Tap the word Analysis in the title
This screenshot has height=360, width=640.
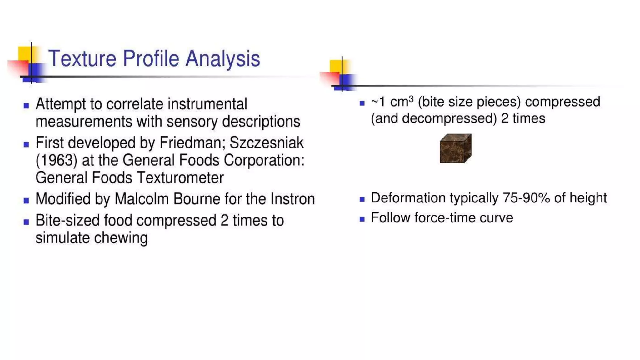[222, 58]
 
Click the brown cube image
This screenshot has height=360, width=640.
[455, 148]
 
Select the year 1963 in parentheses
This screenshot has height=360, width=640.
[57, 160]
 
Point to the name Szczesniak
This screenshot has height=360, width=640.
[267, 143]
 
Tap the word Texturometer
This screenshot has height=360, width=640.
[180, 178]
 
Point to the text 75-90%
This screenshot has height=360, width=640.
[526, 198]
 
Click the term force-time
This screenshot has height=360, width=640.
[446, 218]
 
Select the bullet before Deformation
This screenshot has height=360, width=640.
[362, 199]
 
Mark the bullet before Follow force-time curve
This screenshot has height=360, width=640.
[362, 219]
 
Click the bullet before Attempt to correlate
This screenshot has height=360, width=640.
[26, 106]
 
